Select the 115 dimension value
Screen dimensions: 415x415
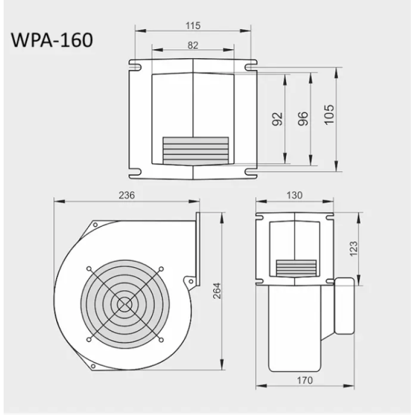point(192,25)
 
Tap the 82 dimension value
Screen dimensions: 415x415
point(192,45)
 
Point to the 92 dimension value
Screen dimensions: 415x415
point(277,119)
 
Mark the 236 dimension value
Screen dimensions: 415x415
point(127,196)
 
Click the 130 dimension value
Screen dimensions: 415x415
point(294,196)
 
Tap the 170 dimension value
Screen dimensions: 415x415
point(305,381)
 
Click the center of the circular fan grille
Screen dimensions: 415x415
point(125,304)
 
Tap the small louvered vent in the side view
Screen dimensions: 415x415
point(296,267)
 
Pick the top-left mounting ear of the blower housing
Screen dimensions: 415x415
point(95,225)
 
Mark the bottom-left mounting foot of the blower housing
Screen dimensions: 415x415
point(95,367)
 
